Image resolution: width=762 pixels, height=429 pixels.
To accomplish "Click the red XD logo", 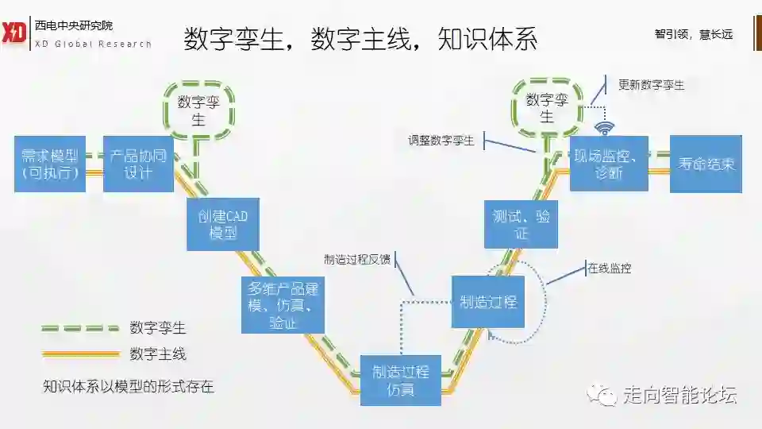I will tap(14, 33).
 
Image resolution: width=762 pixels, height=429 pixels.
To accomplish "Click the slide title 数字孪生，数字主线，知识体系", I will tap(360, 38).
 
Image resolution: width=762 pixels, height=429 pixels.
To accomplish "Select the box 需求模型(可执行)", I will tap(50, 164).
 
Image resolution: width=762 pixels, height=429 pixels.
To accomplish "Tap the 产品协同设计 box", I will tap(138, 164).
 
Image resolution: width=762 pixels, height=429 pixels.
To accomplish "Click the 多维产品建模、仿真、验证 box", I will tap(283, 304).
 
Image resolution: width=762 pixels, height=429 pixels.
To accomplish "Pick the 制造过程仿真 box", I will tap(401, 381).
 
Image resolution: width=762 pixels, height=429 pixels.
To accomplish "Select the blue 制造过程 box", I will tap(488, 302).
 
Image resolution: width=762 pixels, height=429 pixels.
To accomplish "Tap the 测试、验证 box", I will tap(521, 223).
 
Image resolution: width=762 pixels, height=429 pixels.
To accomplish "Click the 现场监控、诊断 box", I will tap(609, 164).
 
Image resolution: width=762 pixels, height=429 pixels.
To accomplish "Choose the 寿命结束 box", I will tap(706, 164).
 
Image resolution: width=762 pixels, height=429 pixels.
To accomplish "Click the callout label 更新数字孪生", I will tap(651, 85).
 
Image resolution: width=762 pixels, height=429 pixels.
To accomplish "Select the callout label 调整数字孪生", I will tap(441, 141).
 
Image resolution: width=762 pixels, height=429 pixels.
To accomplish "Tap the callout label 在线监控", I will tap(610, 269).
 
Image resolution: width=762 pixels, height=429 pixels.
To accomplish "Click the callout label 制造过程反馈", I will tap(357, 259).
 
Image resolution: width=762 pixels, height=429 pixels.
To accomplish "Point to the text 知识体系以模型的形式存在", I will tap(129, 387).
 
